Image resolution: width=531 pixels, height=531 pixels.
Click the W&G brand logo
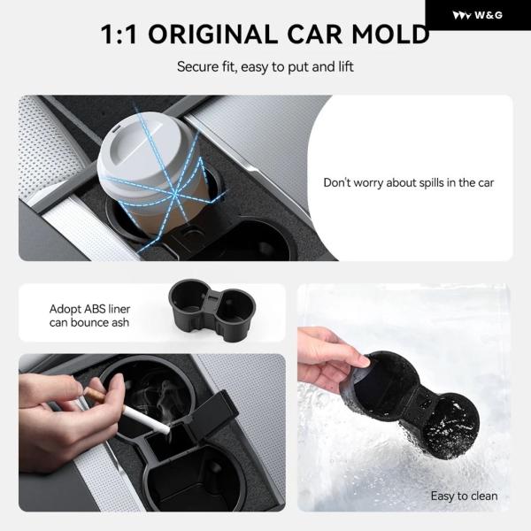(478, 15)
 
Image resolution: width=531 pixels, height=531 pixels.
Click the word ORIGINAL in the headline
(212, 35)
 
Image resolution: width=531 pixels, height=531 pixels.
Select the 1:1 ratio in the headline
(119, 35)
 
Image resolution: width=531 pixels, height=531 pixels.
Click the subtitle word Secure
(198, 66)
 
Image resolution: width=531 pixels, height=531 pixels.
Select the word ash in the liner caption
(120, 323)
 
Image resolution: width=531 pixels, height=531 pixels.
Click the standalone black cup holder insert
(212, 309)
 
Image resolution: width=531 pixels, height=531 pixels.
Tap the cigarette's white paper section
(146, 419)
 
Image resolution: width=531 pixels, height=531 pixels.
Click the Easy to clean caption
(464, 496)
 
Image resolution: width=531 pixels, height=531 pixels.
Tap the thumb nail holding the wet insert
(364, 361)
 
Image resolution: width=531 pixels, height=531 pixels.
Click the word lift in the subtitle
(345, 66)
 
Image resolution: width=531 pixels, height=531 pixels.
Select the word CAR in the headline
(314, 35)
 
